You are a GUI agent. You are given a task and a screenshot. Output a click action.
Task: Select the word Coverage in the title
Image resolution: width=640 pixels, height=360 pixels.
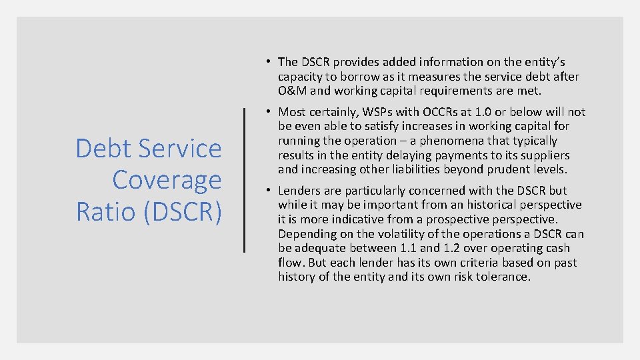click(167, 180)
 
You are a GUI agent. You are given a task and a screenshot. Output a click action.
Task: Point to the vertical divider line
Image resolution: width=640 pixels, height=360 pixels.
click(245, 180)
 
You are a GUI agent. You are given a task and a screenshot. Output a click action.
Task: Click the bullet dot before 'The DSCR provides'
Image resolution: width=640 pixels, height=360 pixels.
click(266, 61)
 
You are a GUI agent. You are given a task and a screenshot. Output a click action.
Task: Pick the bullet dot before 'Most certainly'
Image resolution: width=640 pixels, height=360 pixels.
click(266, 111)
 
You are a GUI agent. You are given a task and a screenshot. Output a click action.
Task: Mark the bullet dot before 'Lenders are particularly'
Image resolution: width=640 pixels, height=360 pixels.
click(266, 190)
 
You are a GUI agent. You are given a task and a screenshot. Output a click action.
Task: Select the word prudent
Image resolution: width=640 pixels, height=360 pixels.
click(512, 170)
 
